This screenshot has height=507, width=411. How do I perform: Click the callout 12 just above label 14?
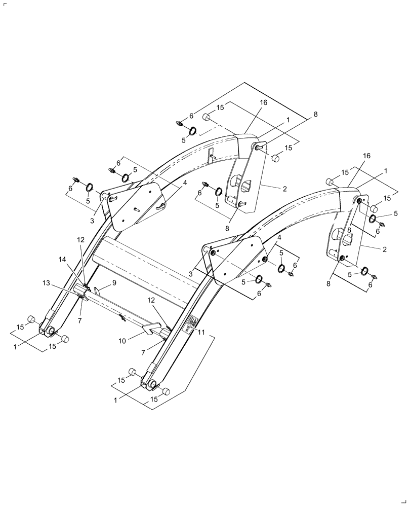pyautogui.click(x=80, y=239)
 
